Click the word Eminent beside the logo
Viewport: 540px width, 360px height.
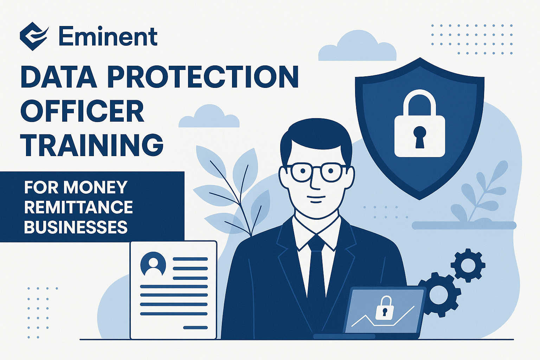[x=108, y=37]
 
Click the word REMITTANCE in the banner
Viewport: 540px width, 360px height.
[x=78, y=207]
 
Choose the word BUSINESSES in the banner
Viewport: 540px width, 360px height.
[x=76, y=227]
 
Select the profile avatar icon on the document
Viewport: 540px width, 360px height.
[x=153, y=264]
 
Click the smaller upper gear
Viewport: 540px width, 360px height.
[x=468, y=265]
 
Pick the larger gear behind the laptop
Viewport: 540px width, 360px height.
[x=439, y=294]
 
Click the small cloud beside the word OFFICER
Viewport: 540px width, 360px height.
[x=209, y=116]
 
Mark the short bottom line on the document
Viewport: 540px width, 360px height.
[x=195, y=328]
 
